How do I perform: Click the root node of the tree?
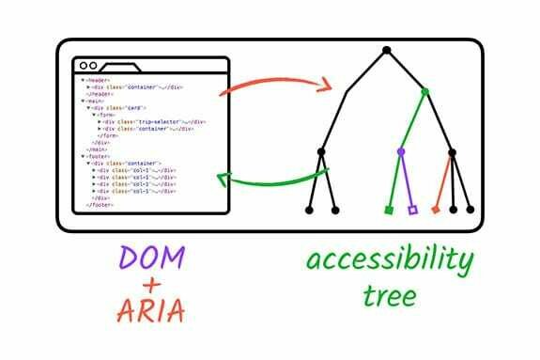pos(386,49)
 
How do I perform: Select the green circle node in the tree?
pos(424,92)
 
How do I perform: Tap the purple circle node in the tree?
pos(401,150)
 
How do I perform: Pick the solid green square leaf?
pos(389,209)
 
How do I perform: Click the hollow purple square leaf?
pos(412,209)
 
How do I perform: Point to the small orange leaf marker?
pos(436,209)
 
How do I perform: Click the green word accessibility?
pos(386,260)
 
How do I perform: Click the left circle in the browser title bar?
pos(82,67)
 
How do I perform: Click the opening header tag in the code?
pos(93,81)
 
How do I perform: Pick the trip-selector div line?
pos(154,122)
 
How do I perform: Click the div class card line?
pos(121,108)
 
